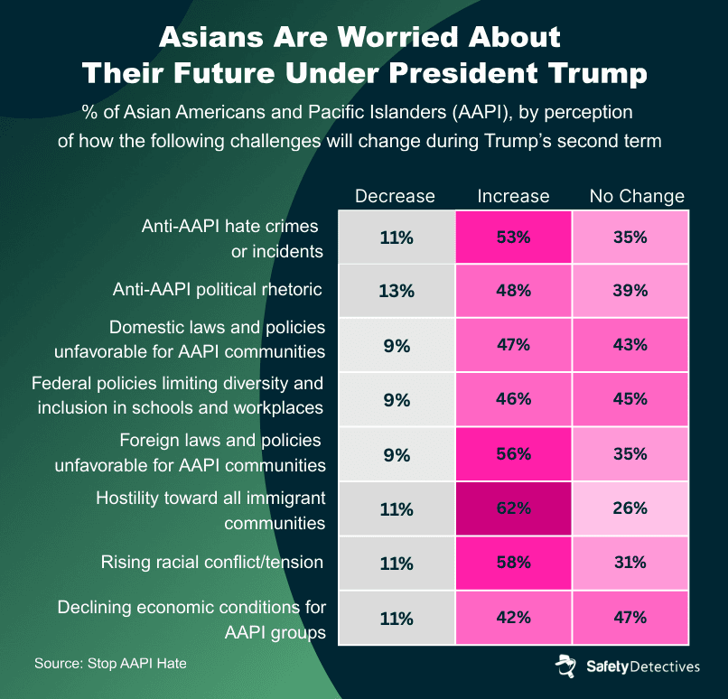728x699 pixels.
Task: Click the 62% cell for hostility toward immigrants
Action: tap(513, 509)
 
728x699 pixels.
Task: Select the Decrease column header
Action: tap(395, 196)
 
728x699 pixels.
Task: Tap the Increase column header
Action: tap(513, 196)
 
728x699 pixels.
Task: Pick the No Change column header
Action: tap(637, 196)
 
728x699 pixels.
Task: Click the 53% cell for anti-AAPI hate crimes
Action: tap(513, 238)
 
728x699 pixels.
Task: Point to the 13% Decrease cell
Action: tap(397, 291)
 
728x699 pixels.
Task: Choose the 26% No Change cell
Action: tap(630, 508)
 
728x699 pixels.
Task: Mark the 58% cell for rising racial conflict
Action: tap(513, 563)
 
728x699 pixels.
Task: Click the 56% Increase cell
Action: tap(513, 453)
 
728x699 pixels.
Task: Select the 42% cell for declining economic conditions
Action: tap(513, 619)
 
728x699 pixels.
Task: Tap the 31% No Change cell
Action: tap(630, 563)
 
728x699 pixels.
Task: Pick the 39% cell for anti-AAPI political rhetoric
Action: tap(630, 291)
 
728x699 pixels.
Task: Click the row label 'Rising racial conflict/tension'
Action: tap(212, 563)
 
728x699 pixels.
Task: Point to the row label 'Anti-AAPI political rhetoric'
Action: tap(218, 290)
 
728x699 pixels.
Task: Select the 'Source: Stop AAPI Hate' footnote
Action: tap(110, 664)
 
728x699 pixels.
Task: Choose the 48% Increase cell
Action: tap(513, 291)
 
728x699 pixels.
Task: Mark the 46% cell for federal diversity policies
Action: tap(513, 398)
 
